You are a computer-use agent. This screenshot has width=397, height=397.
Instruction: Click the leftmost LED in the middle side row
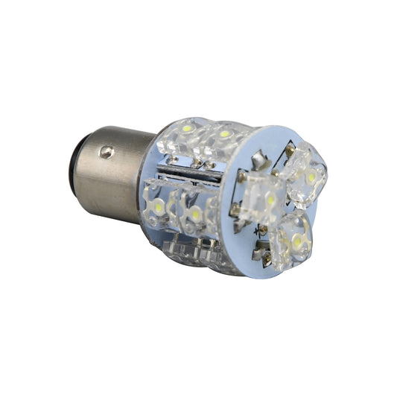(158, 203)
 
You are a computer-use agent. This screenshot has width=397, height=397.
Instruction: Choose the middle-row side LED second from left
(194, 214)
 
